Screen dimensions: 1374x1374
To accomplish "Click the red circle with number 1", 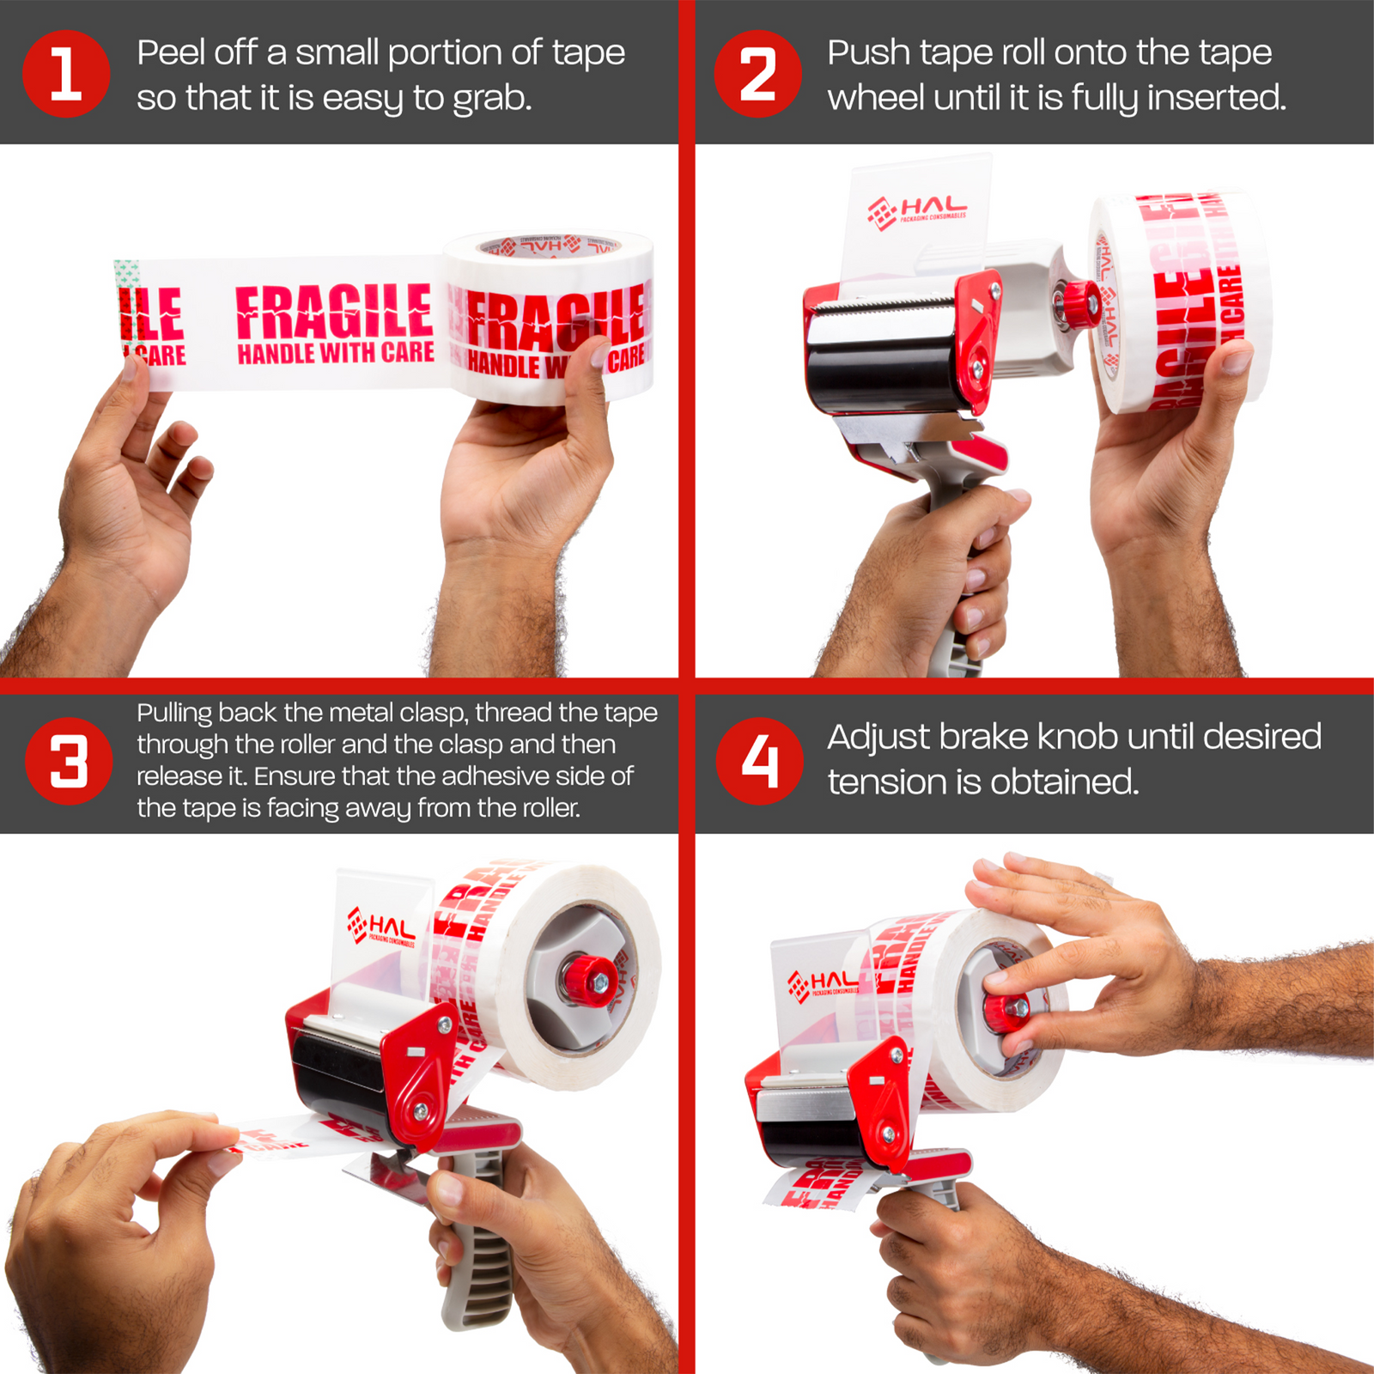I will [x=66, y=74].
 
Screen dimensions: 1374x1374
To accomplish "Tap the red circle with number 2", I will [x=757, y=74].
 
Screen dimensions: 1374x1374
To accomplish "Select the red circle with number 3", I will [x=69, y=761].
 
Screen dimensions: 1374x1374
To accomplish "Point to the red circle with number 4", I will [x=759, y=761].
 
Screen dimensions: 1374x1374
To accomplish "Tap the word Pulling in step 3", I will [x=174, y=713].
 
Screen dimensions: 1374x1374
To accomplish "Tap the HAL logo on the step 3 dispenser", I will [x=382, y=928].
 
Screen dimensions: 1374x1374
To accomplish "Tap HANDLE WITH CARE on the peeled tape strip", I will [x=335, y=353].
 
